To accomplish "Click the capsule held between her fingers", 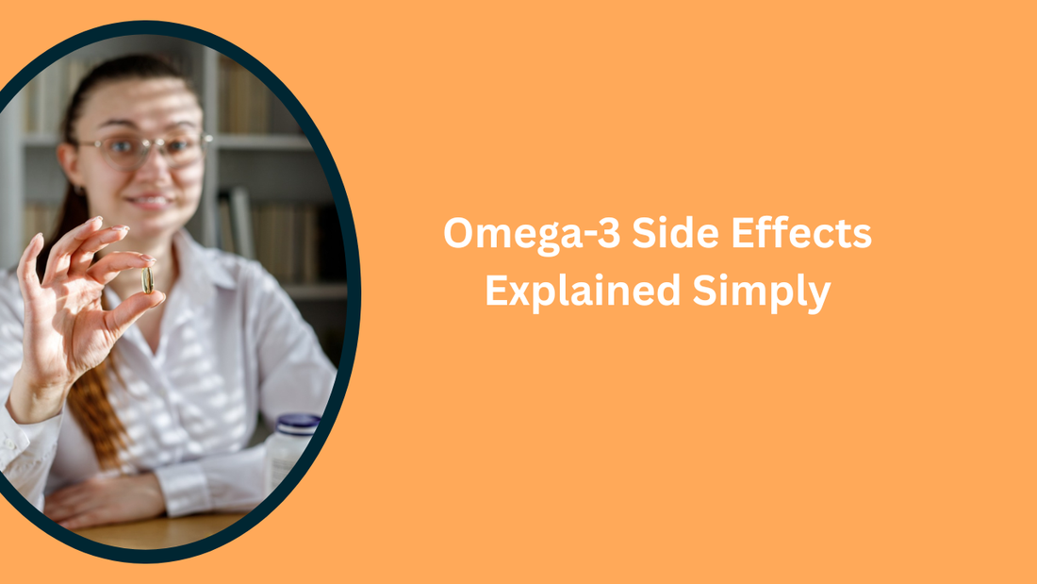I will tap(147, 279).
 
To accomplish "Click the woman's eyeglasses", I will tap(141, 149).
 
